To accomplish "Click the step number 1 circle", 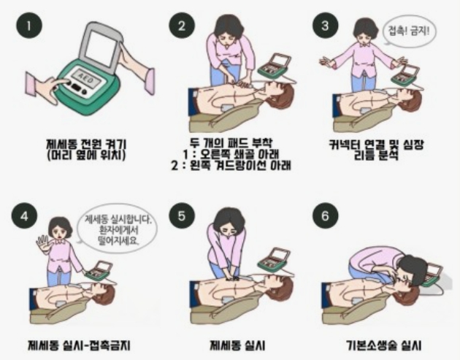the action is point(29,26).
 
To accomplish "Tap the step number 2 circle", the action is point(182,26).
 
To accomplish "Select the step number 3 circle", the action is point(325,26).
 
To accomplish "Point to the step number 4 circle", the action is point(24,216).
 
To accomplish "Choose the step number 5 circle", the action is point(182,215).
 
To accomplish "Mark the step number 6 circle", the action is point(325,215).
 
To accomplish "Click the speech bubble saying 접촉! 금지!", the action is point(409,31).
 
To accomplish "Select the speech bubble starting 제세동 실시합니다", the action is point(117,229).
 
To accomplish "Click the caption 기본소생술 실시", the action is point(383,345).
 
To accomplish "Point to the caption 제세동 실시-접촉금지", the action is point(79,345).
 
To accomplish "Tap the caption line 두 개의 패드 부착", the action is point(231,143).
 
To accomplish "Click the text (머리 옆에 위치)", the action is point(86,155).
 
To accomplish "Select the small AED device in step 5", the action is point(274,261).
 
